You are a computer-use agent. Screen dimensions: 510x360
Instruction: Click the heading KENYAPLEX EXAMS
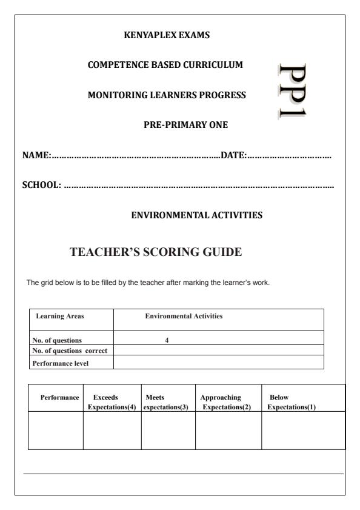coord(166,35)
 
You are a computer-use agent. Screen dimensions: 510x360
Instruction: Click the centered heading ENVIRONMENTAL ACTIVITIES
coord(197,215)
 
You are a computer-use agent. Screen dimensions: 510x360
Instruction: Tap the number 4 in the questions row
coord(167,340)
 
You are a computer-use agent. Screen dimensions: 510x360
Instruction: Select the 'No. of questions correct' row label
coord(72,350)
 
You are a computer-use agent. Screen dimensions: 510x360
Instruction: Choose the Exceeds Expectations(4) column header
coord(112,401)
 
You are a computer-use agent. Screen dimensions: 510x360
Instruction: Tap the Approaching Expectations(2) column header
coord(226,401)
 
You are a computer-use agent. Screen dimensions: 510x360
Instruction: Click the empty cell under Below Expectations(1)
coord(302,431)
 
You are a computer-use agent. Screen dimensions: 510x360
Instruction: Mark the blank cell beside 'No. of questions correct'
coord(218,350)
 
